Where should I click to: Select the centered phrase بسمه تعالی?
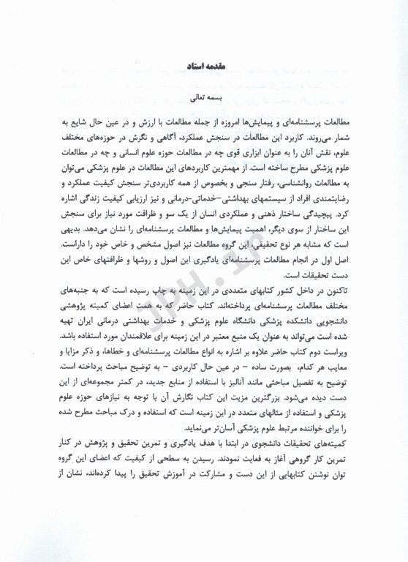pyautogui.click(x=204, y=96)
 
